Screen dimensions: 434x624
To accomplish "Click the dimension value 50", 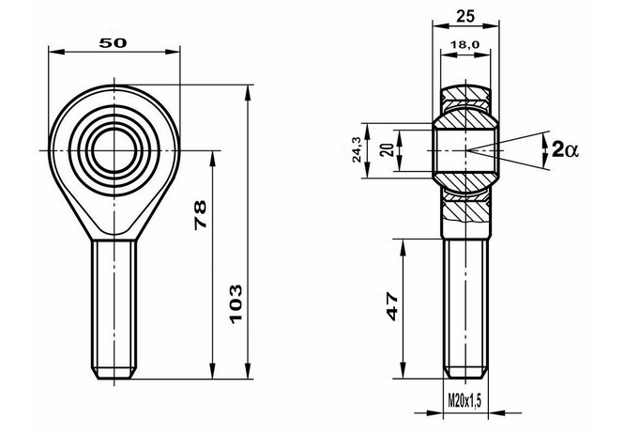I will coord(114,42).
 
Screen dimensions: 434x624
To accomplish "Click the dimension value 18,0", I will coord(465,44).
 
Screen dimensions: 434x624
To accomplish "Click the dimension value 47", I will coord(391,306).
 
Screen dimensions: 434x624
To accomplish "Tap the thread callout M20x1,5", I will coord(465,402).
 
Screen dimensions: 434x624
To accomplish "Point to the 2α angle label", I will coord(564,148).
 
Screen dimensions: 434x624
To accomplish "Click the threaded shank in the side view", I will coord(465,301).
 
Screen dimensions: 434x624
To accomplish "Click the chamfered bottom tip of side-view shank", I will coord(465,370).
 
